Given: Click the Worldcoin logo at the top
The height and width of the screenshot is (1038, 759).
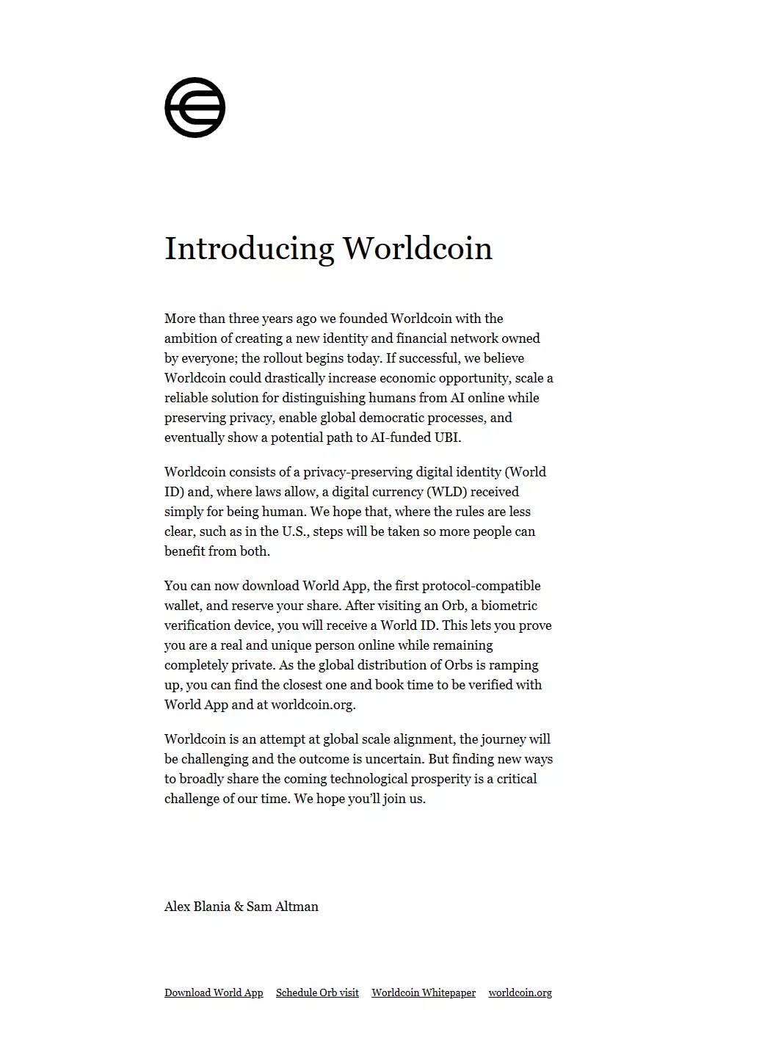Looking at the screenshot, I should [195, 107].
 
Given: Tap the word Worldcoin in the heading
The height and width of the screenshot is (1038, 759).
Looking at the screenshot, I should [417, 248].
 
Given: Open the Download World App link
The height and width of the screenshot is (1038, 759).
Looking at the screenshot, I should [214, 992].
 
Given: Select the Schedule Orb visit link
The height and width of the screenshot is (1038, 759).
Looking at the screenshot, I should [317, 992].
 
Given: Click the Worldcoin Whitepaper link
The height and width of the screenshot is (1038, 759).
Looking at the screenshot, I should [424, 992].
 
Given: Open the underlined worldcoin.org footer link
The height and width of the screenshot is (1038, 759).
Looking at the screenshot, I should [520, 992].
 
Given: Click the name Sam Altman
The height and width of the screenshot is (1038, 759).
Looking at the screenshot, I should [283, 907].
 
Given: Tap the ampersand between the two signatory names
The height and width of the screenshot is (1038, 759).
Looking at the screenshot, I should [239, 907].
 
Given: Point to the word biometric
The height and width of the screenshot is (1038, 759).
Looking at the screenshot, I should [509, 606].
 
